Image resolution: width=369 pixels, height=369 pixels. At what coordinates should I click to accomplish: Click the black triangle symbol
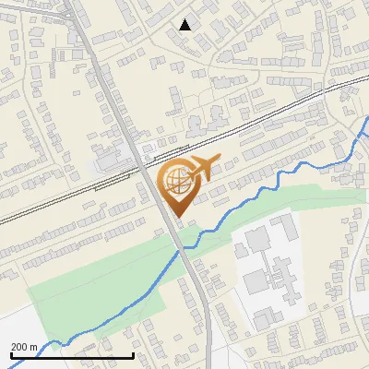(185, 25)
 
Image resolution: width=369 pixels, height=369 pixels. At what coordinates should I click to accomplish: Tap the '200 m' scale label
(24, 346)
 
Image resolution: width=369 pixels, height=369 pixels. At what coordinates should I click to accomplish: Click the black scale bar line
(72, 354)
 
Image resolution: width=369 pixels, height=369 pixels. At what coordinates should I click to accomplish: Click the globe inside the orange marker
(178, 183)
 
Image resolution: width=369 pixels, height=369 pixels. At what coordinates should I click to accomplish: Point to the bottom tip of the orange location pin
(178, 218)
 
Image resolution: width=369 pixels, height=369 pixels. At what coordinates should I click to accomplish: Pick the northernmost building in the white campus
(281, 224)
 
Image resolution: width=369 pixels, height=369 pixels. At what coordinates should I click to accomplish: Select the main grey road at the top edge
(77, 3)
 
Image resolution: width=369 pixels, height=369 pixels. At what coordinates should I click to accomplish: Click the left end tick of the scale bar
(10, 353)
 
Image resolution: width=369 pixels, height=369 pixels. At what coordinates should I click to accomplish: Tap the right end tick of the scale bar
(134, 353)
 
